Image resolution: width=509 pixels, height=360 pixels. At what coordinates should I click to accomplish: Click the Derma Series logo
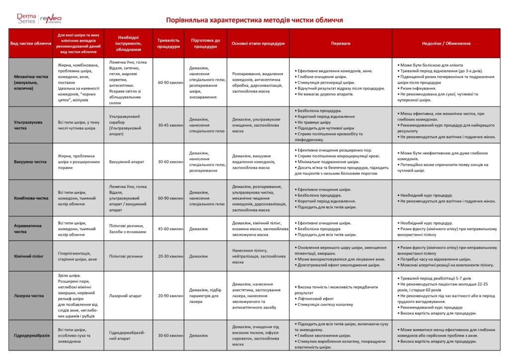coord(26,19)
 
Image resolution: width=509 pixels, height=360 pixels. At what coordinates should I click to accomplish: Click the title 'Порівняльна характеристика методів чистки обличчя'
coord(254,20)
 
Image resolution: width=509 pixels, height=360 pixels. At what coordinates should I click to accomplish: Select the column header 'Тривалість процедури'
coord(169,43)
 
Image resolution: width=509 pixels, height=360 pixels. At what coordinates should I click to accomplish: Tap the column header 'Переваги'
coord(340,43)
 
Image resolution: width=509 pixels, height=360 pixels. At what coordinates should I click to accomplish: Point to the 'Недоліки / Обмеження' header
coord(446,43)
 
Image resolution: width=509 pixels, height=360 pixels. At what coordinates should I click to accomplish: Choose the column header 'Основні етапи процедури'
coord(258,43)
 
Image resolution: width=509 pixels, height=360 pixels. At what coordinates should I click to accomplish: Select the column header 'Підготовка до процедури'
coord(205,43)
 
